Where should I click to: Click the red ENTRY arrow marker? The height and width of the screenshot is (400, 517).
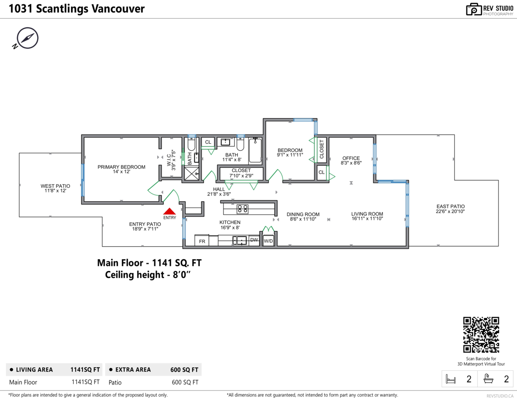click(170, 211)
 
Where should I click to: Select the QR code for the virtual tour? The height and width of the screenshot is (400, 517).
click(481, 335)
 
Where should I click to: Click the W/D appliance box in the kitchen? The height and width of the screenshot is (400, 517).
click(268, 241)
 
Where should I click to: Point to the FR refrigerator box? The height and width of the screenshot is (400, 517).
click(202, 241)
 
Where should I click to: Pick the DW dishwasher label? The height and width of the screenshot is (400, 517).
click(254, 240)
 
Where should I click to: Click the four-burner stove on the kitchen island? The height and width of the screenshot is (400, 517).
click(243, 209)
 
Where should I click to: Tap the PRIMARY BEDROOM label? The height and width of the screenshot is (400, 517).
click(121, 167)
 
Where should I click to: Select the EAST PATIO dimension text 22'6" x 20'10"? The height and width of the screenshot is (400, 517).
click(450, 211)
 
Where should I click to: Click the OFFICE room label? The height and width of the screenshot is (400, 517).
click(351, 158)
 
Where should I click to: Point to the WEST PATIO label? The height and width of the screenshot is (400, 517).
click(55, 186)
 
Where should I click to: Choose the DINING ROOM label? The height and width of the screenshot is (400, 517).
click(303, 214)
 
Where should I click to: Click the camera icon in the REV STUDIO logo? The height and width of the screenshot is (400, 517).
click(473, 9)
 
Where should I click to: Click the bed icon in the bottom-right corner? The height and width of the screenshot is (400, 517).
click(451, 379)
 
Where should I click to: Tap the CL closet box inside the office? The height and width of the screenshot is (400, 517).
click(322, 173)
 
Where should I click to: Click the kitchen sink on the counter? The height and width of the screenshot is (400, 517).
click(240, 240)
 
